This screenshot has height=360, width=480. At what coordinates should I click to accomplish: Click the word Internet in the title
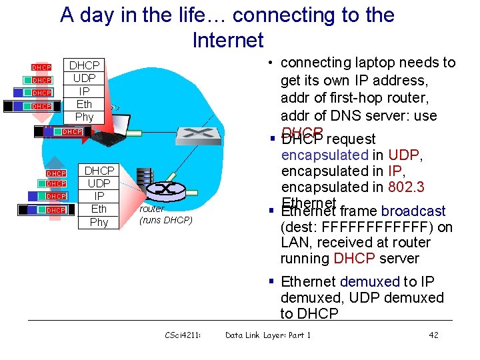[228, 41]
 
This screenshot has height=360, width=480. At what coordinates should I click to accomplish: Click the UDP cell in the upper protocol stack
[84, 78]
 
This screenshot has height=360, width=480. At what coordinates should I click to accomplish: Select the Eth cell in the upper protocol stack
[84, 104]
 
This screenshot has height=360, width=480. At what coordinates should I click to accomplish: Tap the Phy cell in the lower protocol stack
[99, 222]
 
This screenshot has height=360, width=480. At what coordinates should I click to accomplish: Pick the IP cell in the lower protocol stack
[99, 196]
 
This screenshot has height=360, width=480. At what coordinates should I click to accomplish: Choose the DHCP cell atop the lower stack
[99, 171]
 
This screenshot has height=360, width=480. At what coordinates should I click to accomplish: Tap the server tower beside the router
[143, 183]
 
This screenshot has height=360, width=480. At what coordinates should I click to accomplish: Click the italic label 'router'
[152, 209]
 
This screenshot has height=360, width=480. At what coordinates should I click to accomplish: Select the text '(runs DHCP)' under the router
[165, 220]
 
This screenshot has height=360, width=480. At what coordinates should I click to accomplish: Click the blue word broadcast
[413, 211]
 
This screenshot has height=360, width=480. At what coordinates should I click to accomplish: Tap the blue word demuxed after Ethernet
[369, 282]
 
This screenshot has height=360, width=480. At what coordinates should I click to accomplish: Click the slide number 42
[433, 335]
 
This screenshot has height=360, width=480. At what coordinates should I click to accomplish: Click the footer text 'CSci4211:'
[183, 335]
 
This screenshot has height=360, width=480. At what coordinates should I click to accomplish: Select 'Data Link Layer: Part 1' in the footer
[268, 335]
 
